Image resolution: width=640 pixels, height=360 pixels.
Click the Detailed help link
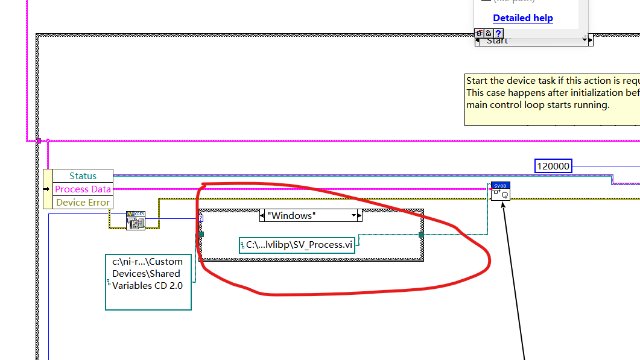tap(522, 18)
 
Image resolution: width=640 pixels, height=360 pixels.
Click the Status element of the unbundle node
tap(83, 176)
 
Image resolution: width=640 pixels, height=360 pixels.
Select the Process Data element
tap(83, 189)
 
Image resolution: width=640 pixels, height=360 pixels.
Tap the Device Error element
tap(83, 203)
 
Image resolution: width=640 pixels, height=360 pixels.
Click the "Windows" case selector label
tap(292, 215)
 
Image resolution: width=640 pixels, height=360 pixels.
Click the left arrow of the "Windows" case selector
tap(262, 215)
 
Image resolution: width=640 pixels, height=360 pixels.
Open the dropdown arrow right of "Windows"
tap(355, 215)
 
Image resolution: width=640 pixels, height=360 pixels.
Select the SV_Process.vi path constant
tap(297, 245)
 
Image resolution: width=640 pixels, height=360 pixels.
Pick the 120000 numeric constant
tap(553, 166)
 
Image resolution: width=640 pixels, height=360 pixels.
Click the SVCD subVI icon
tap(501, 191)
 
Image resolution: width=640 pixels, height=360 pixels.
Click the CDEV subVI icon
tap(136, 220)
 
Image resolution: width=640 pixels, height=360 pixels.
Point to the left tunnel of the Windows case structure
tap(201, 234)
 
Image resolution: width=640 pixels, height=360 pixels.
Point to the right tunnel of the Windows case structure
tap(421, 234)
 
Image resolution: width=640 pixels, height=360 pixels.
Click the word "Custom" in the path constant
tap(165, 262)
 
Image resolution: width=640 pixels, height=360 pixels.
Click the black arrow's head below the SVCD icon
tap(504, 205)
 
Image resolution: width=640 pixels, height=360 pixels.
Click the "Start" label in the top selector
tap(497, 40)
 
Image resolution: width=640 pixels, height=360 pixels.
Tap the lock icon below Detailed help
tap(487, 33)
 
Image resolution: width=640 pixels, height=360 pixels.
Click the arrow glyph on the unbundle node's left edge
tap(48, 189)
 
